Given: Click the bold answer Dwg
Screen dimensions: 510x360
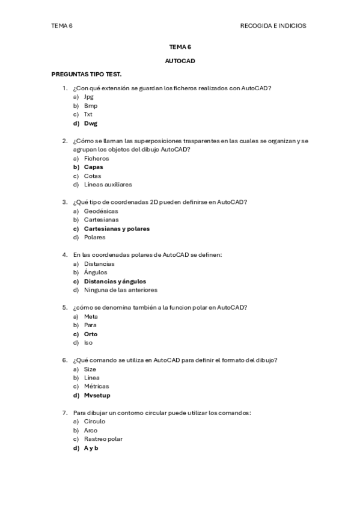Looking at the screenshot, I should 91,123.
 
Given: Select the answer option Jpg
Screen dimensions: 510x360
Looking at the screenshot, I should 89,97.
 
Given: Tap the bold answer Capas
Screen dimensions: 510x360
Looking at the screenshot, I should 93,167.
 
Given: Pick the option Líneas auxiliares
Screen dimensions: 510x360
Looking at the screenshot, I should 108,185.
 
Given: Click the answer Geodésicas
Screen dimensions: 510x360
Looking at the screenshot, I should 101,211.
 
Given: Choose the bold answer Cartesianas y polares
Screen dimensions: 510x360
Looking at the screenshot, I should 117,229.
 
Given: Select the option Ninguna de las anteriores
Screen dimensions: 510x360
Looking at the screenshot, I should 120,290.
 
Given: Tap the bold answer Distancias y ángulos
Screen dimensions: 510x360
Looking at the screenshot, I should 115,281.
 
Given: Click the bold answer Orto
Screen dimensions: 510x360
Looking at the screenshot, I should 91,334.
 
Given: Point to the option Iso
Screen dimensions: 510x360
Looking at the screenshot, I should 88,343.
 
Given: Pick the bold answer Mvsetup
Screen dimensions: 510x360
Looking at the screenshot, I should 97,396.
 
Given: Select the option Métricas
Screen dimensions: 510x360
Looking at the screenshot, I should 96,387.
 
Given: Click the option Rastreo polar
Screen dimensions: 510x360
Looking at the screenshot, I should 103,439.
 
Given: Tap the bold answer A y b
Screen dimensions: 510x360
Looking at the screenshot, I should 91,448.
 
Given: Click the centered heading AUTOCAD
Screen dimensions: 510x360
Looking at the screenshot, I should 180,61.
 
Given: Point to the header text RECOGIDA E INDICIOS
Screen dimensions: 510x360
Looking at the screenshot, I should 273,26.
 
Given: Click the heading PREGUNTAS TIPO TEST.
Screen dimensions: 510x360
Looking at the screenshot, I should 87,74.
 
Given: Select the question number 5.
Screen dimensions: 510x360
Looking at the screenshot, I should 64,307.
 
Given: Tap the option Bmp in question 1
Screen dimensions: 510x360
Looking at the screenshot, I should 91,106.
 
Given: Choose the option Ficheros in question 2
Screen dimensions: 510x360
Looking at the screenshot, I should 96,158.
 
